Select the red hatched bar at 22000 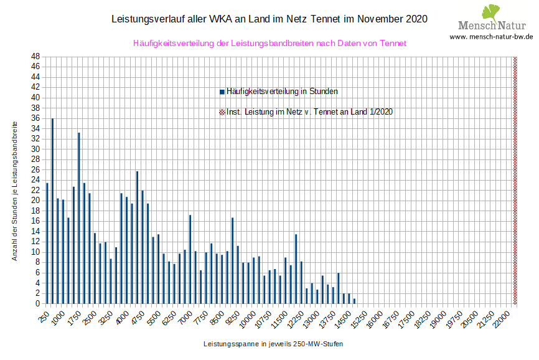[x=515, y=180]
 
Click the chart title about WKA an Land [x=269, y=19]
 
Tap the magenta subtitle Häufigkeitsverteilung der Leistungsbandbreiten [x=269, y=44]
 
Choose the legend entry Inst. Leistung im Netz [x=309, y=112]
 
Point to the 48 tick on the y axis [x=36, y=57]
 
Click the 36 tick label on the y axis [x=36, y=118]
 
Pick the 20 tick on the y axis [x=36, y=201]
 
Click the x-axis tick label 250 [x=44, y=316]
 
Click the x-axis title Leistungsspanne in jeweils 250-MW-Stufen [x=273, y=344]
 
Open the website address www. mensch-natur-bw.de [x=491, y=37]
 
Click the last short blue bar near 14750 [x=354, y=301]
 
